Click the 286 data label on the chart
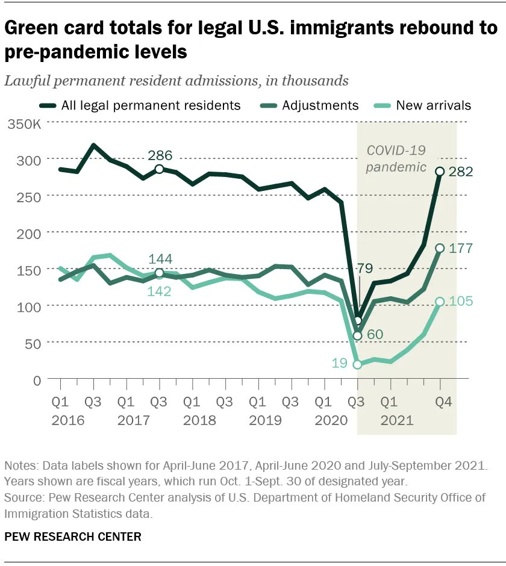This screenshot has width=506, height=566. tap(159, 155)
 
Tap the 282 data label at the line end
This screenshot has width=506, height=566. tap(461, 172)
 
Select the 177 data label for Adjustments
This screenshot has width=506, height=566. tap(461, 248)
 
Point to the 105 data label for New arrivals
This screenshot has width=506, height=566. tap(461, 301)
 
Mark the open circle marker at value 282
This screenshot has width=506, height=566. tap(440, 172)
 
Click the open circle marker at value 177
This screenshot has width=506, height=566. tap(440, 248)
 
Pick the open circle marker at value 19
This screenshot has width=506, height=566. tap(358, 364)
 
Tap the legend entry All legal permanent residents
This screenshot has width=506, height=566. tap(151, 105)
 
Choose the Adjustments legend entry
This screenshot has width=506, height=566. tap(320, 105)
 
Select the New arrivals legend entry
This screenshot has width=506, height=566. tap(433, 105)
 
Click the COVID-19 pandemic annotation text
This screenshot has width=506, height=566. tap(396, 159)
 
